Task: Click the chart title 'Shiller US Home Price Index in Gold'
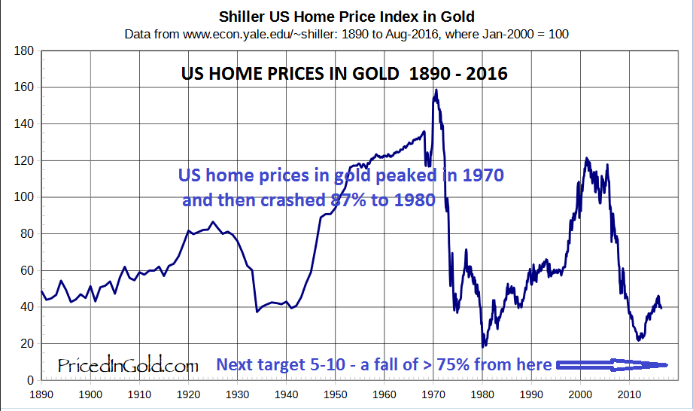346,16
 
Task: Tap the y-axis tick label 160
26,87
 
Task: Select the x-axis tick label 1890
41,394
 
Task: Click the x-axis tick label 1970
433,394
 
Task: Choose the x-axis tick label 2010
628,394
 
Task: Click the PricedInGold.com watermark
128,366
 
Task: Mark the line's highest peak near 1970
436,90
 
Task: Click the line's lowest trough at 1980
483,346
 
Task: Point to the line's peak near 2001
586,158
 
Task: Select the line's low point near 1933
257,311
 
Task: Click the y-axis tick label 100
26,197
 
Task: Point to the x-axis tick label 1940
286,394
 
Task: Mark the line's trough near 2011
639,339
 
